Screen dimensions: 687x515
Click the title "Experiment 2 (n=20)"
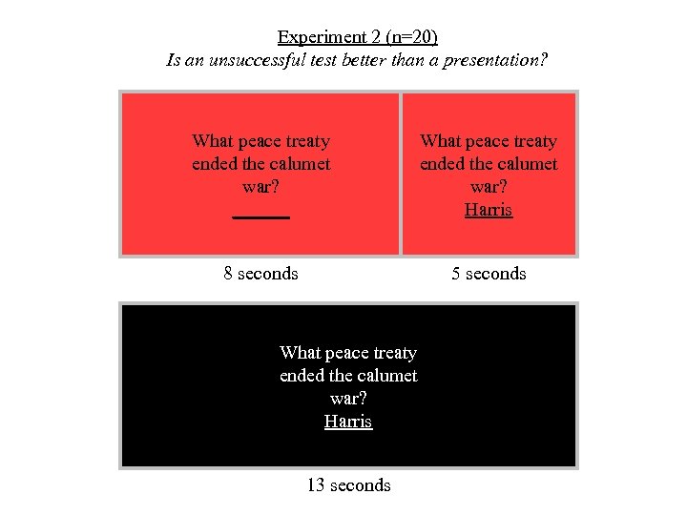pyautogui.click(x=357, y=37)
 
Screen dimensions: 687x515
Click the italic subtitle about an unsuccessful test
pyautogui.click(x=357, y=59)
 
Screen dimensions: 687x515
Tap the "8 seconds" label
pyautogui.click(x=260, y=274)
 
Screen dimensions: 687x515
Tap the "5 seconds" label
pyautogui.click(x=489, y=274)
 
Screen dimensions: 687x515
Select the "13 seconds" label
pyautogui.click(x=348, y=485)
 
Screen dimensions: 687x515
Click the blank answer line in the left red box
pyautogui.click(x=260, y=216)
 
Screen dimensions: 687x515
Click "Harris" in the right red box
pyautogui.click(x=489, y=210)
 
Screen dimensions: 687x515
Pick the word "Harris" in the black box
pyautogui.click(x=348, y=422)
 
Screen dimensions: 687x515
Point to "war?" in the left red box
pyautogui.click(x=260, y=187)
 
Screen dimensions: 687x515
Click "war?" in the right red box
pyautogui.click(x=489, y=187)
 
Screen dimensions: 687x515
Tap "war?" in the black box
pyautogui.click(x=348, y=399)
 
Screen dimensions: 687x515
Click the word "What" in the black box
pyautogui.click(x=300, y=353)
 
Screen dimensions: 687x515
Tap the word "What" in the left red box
pyautogui.click(x=212, y=141)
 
